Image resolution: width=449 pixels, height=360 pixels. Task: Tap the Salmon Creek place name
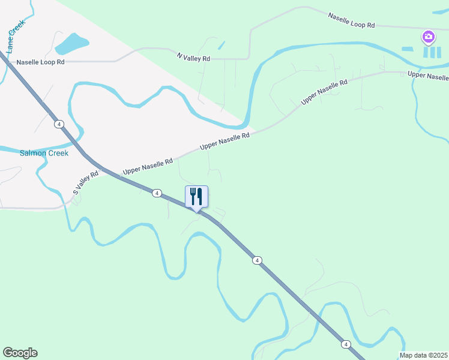tap(44, 153)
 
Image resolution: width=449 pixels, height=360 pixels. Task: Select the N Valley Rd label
tap(194, 58)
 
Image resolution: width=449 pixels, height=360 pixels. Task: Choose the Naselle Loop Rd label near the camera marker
tap(351, 20)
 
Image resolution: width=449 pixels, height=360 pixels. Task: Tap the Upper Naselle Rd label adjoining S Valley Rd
tap(148, 166)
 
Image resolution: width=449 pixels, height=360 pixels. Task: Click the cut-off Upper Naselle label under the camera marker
tap(427, 76)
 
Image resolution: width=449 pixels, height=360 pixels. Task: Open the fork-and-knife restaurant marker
tap(196, 197)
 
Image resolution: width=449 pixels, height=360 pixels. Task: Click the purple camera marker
tap(428, 37)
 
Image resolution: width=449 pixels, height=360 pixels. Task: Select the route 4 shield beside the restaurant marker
tap(156, 193)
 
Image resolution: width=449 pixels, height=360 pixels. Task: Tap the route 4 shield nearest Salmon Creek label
tap(58, 124)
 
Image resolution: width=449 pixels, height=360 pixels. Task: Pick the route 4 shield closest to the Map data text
tap(346, 344)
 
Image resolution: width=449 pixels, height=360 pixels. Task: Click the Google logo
tap(20, 353)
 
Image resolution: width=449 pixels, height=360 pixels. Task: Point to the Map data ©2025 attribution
tap(423, 355)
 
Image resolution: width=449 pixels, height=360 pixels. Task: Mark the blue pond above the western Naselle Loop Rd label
tap(71, 43)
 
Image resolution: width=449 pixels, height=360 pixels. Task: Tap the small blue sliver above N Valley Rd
tap(221, 45)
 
